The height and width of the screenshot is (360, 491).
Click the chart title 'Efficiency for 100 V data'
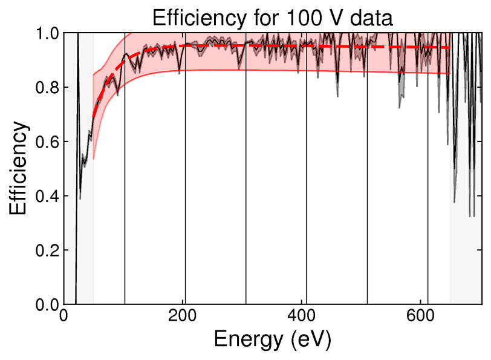click(x=273, y=17)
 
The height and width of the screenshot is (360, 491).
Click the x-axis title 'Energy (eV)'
click(x=273, y=339)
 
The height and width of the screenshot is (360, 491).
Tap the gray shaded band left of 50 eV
click(x=85, y=242)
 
